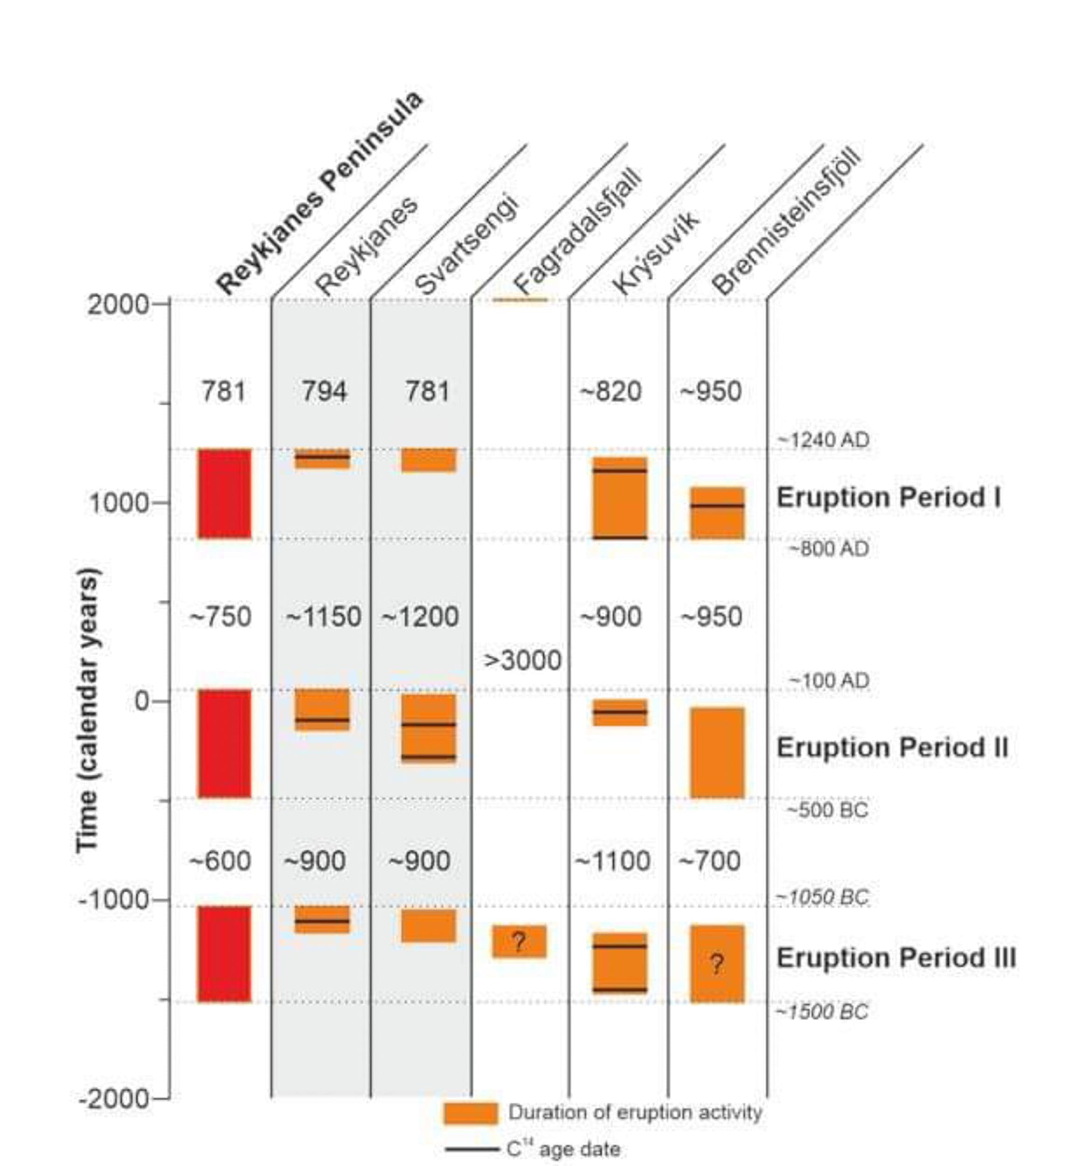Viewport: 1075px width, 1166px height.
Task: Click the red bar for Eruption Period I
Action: (x=224, y=493)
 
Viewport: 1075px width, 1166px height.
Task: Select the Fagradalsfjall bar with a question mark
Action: (x=519, y=941)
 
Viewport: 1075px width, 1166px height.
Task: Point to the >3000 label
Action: (x=522, y=660)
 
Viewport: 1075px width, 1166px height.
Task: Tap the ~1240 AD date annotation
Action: (x=824, y=440)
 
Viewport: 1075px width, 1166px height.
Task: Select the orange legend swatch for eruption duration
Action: (x=471, y=1112)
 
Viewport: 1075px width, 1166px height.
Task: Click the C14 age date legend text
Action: (x=563, y=1149)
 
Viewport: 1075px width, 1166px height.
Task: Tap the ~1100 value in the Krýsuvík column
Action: (x=612, y=861)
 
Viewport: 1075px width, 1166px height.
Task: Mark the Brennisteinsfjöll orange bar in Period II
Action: (x=717, y=752)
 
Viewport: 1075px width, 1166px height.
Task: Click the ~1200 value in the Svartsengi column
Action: (x=420, y=616)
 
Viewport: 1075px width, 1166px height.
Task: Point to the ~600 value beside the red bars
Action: (x=221, y=861)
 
